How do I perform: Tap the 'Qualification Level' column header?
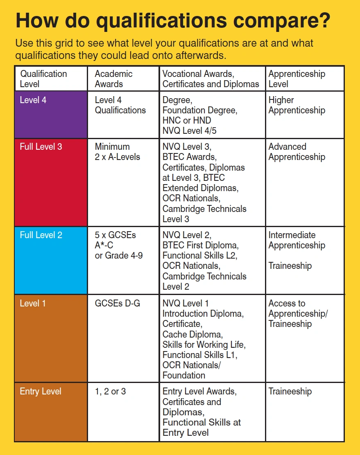click(43, 79)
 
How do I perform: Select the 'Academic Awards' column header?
click(113, 79)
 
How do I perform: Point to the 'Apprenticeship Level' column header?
click(297, 79)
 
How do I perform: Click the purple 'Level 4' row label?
click(33, 100)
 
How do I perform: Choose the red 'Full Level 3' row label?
click(41, 146)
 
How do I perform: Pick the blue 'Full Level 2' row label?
click(41, 235)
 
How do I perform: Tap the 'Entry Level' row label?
click(41, 392)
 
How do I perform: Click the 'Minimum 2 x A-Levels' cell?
click(117, 152)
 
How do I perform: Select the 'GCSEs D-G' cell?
click(117, 304)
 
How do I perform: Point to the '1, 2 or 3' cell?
click(110, 392)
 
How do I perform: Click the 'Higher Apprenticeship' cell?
click(297, 105)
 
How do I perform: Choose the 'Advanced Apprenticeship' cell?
click(297, 152)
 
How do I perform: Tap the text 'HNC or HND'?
click(187, 121)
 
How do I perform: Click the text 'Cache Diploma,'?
click(192, 334)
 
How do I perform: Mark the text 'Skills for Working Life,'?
click(204, 345)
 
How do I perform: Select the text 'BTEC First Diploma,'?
click(200, 246)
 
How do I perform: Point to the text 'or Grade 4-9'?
click(119, 256)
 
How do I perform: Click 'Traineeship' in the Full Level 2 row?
click(290, 266)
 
